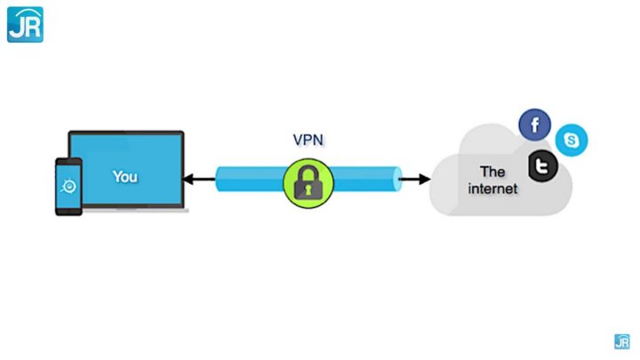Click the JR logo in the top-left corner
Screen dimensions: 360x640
[x=25, y=24]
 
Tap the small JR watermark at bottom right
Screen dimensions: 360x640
[x=621, y=341]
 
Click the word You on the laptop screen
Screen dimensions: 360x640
[x=125, y=176]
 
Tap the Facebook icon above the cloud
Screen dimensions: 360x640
[x=535, y=124]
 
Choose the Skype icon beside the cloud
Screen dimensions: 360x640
[x=572, y=140]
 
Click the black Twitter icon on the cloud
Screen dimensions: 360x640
[x=542, y=165]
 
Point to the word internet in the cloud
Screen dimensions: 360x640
[x=492, y=188]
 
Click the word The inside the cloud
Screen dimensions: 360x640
[x=492, y=171]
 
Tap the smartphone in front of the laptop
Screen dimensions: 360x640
[x=68, y=187]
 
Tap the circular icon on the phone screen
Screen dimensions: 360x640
[x=68, y=186]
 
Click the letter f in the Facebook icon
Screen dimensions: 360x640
[x=535, y=125]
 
